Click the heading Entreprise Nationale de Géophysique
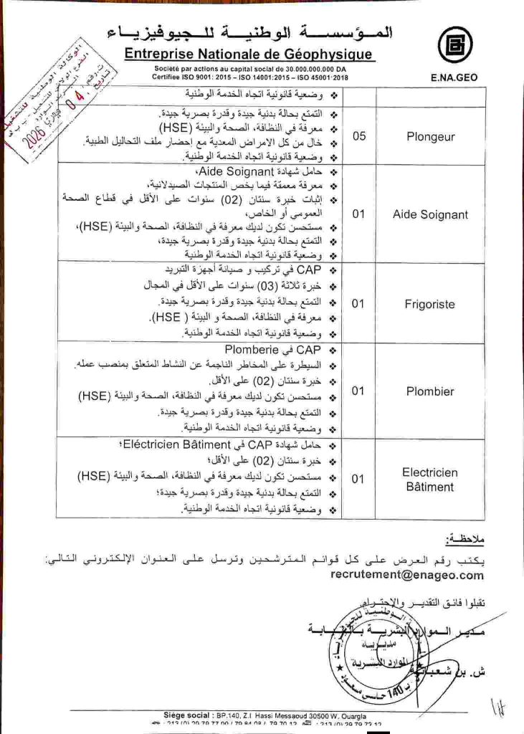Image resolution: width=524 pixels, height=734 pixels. click(x=248, y=54)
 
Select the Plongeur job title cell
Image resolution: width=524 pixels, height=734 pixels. click(x=430, y=137)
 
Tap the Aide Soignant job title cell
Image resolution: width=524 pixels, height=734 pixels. click(x=430, y=214)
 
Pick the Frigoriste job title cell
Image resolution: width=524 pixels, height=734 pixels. click(x=430, y=304)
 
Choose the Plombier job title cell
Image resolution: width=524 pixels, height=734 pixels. click(x=430, y=391)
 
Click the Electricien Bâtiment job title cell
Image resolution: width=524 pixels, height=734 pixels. click(x=430, y=480)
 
